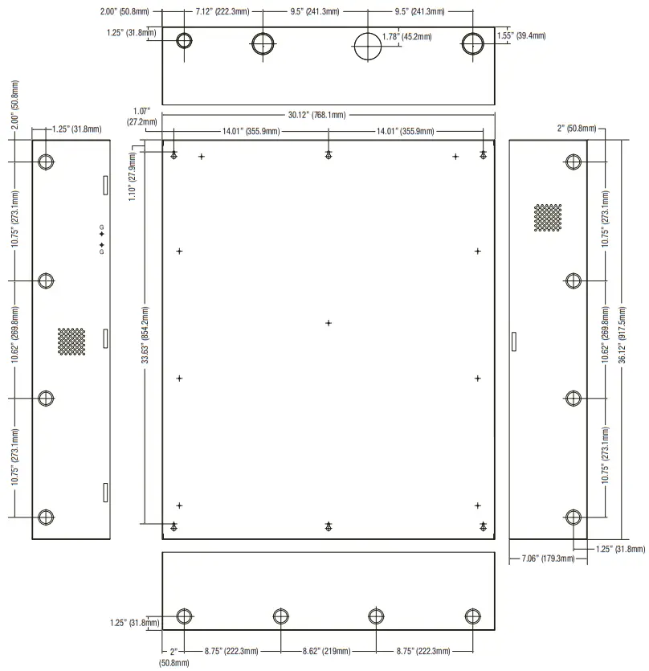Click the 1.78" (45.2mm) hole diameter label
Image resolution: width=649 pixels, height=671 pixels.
pyautogui.click(x=407, y=36)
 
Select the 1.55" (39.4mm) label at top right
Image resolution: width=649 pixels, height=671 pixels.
pyautogui.click(x=521, y=36)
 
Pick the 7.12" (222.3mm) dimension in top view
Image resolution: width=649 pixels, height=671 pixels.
pyautogui.click(x=222, y=13)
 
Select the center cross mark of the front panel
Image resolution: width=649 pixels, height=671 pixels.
pyautogui.click(x=328, y=323)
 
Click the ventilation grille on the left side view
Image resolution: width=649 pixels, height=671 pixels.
pyautogui.click(x=71, y=341)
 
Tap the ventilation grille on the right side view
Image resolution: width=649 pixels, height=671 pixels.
pyautogui.click(x=548, y=218)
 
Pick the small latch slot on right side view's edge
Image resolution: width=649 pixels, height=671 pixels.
pyautogui.click(x=513, y=341)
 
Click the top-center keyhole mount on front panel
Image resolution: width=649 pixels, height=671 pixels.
pyautogui.click(x=328, y=155)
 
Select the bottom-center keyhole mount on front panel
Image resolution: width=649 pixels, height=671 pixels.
pyautogui.click(x=328, y=526)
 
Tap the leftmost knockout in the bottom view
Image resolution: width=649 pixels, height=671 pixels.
pyautogui.click(x=184, y=616)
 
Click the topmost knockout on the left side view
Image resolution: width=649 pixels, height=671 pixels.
pyautogui.click(x=47, y=162)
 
